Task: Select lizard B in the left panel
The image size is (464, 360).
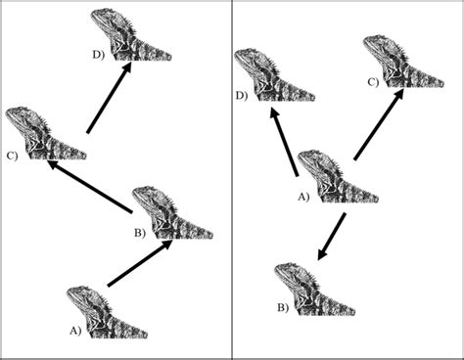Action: click(x=170, y=213)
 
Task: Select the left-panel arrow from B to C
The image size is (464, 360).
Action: click(x=91, y=185)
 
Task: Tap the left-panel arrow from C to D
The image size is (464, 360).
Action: click(x=110, y=98)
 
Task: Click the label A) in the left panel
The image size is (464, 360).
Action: click(x=75, y=332)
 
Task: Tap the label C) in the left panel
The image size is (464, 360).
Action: click(x=12, y=154)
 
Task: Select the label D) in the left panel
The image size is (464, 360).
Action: click(x=99, y=55)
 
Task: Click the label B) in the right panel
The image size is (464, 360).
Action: click(x=282, y=308)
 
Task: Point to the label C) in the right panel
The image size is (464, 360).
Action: click(x=373, y=82)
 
